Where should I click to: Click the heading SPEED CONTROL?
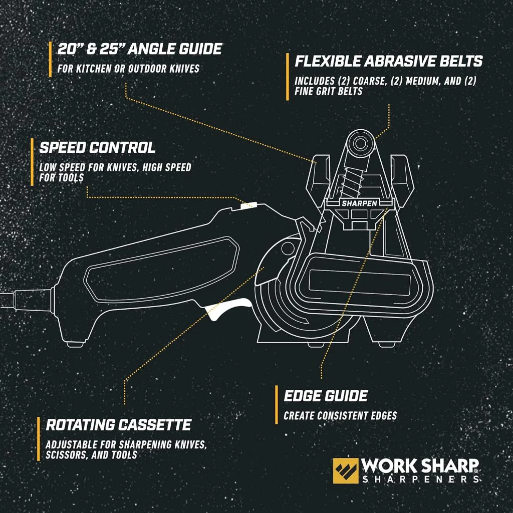(x=97, y=148)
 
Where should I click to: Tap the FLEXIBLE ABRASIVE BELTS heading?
(x=389, y=61)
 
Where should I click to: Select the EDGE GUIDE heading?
(x=326, y=396)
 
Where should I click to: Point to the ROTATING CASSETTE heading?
(x=118, y=425)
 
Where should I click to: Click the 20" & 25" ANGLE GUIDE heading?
(x=140, y=49)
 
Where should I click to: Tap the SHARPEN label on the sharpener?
(x=360, y=203)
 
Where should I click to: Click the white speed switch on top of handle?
(x=248, y=205)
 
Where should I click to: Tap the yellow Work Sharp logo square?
(x=346, y=471)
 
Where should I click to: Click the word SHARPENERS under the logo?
(x=421, y=479)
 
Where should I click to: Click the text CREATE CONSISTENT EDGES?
(x=340, y=416)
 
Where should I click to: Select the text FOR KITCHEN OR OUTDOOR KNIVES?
(x=129, y=69)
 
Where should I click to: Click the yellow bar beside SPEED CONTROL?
(x=32, y=162)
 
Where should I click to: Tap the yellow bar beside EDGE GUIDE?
(x=277, y=405)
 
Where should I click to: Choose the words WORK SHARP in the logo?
(x=419, y=465)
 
